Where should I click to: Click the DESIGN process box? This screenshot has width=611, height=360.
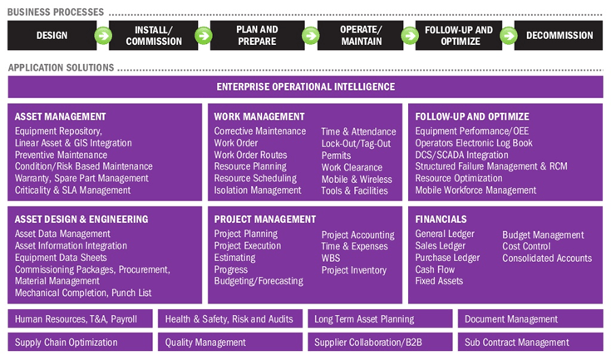click(52, 36)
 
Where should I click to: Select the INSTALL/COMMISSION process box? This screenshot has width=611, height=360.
click(153, 36)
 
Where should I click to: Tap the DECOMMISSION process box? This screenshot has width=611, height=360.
click(559, 36)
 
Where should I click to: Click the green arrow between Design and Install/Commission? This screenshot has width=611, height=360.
click(102, 36)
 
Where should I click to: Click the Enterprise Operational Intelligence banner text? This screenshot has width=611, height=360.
click(306, 86)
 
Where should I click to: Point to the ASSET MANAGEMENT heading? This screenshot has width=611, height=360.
click(61, 116)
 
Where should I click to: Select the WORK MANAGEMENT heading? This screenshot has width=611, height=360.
click(259, 116)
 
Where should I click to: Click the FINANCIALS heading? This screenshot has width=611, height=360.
click(441, 219)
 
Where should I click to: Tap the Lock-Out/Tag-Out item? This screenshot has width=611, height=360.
click(356, 144)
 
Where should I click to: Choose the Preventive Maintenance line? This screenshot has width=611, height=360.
click(61, 155)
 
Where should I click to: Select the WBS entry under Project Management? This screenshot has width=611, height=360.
click(332, 259)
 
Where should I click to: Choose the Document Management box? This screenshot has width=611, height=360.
click(511, 319)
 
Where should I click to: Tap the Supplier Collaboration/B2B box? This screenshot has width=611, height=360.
click(371, 342)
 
